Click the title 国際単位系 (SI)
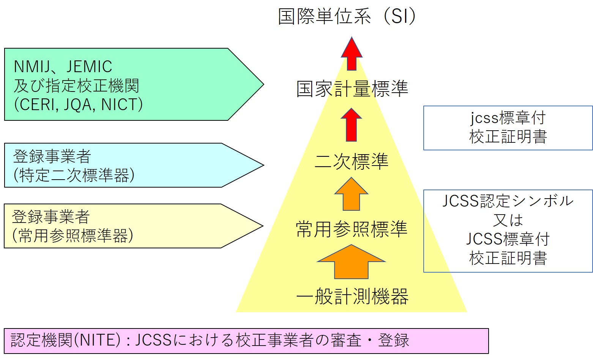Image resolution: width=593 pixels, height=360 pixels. tap(347, 17)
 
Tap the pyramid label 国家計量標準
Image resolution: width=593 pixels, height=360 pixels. tap(352, 89)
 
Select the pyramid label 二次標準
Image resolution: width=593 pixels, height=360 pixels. tap(352, 161)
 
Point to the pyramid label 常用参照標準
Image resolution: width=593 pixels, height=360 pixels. tap(352, 229)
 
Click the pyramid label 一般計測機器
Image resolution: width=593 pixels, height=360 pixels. tap(352, 297)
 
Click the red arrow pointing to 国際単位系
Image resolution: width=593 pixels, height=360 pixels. tap(352, 54)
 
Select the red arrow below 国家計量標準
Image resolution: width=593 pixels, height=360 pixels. tap(352, 125)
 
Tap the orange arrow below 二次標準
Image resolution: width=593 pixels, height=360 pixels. tap(352, 194)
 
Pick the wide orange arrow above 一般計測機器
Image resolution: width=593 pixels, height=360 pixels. tap(352, 262)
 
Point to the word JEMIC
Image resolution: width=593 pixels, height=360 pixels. tap(89, 67)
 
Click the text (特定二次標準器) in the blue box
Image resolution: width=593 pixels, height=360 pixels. tap(74, 175)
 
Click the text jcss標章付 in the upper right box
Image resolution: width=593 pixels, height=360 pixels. tap(508, 118)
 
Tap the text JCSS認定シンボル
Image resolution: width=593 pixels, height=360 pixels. tap(508, 201)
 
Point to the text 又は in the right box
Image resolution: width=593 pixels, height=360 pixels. tap(508, 220)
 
